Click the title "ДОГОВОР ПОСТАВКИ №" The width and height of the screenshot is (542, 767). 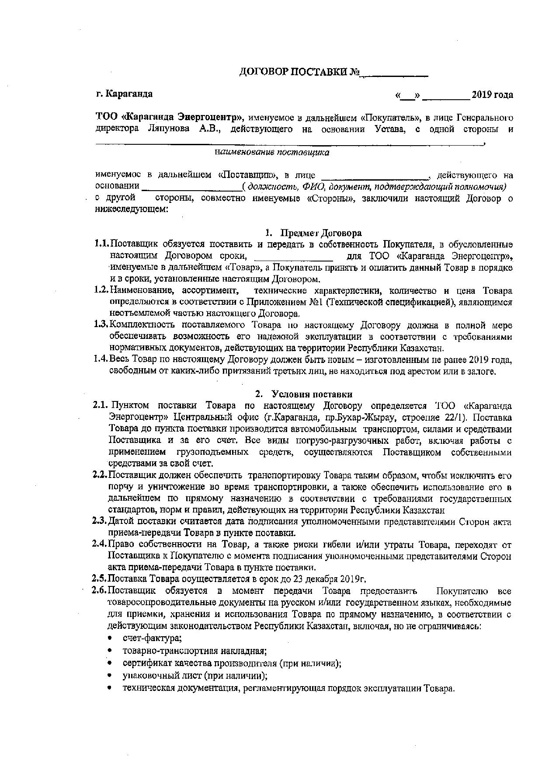pyautogui.click(x=299, y=72)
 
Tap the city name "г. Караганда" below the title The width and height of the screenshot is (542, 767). pyautogui.click(x=125, y=94)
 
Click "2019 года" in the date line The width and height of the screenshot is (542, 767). pyautogui.click(x=492, y=95)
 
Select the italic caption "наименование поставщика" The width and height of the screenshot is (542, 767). pyautogui.click(x=272, y=153)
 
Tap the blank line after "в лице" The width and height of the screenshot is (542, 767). pyautogui.click(x=375, y=176)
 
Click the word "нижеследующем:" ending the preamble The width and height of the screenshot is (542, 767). pyautogui.click(x=131, y=209)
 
